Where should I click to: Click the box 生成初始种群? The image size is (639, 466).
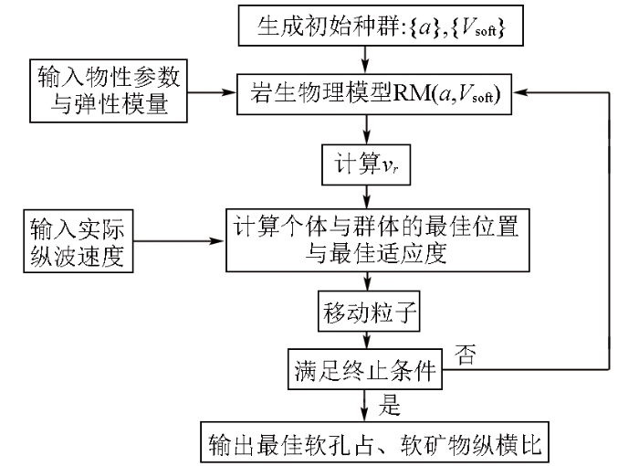click(381, 26)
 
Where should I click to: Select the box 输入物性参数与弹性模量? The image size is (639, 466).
click(109, 90)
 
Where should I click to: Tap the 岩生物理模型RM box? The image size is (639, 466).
click(374, 94)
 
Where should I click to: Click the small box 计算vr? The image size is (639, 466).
click(366, 164)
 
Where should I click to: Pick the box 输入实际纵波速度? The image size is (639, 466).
click(79, 240)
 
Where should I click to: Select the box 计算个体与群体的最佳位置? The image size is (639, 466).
click(378, 240)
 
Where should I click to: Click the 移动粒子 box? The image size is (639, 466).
click(369, 311)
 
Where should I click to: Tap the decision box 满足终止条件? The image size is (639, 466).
click(365, 369)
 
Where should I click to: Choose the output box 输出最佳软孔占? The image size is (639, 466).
click(375, 442)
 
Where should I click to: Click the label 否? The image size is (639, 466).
click(465, 354)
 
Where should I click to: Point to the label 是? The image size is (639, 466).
click(390, 405)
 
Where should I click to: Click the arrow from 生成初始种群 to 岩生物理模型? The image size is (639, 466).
click(365, 59)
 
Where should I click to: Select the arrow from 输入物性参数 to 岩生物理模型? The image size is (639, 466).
click(212, 92)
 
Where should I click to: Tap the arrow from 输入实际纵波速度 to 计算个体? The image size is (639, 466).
click(180, 240)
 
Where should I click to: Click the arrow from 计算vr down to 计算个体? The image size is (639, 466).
click(367, 197)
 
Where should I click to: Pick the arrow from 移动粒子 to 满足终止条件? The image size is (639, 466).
click(367, 340)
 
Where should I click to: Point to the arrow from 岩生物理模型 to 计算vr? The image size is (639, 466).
click(367, 130)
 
